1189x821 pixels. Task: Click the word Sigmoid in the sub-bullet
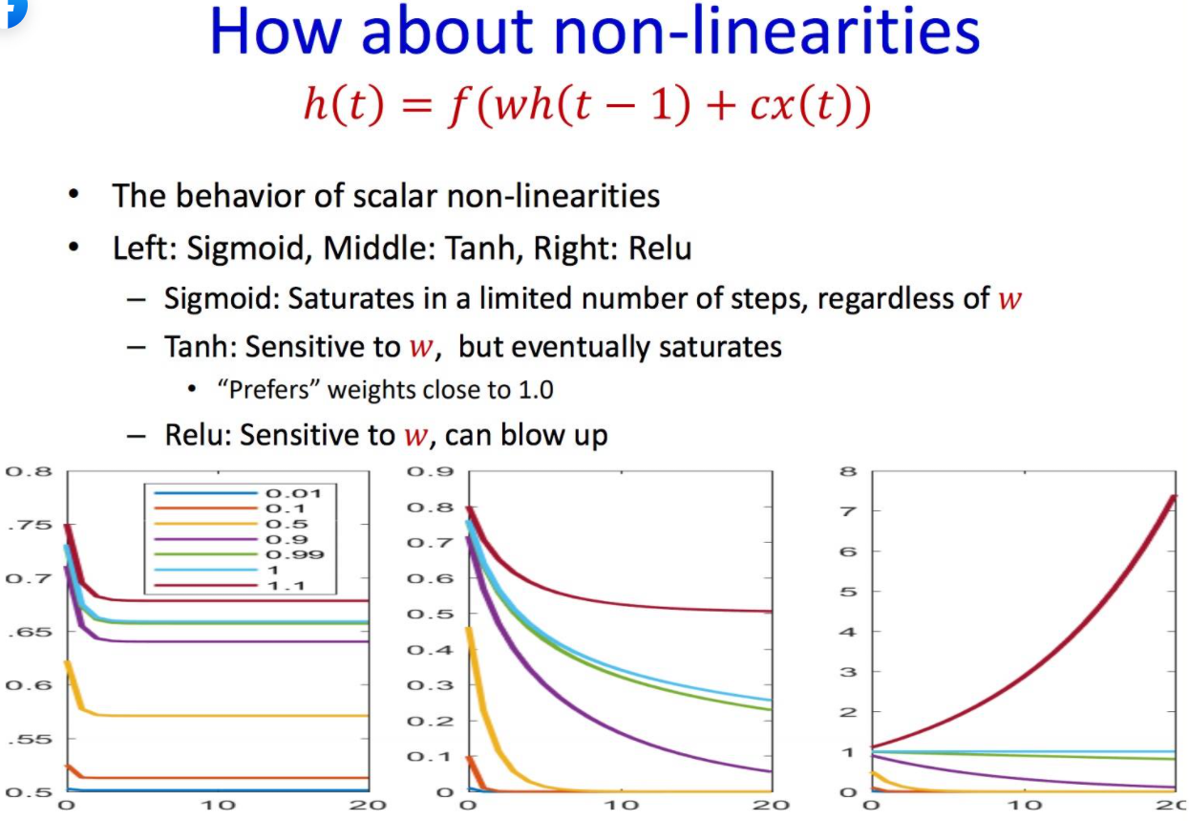pos(221,298)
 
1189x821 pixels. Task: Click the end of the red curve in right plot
pos(1174,495)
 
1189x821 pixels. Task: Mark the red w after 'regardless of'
pos(1010,299)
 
